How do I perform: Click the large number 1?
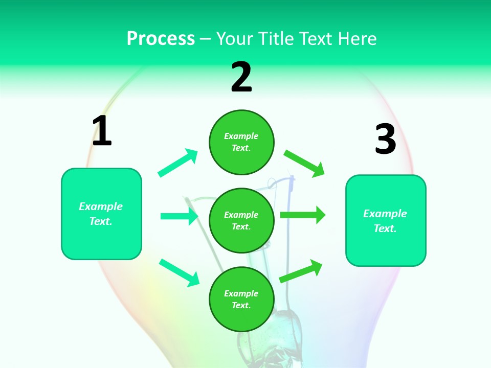pos(102,131)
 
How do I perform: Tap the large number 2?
pos(241,77)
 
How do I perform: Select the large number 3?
pos(385,139)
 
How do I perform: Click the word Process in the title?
pos(161,38)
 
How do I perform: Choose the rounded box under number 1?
pos(101,214)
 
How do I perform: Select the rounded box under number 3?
pos(386,220)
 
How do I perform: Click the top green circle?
pos(241,142)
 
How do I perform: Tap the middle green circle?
pos(241,220)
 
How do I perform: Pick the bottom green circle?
pos(241,299)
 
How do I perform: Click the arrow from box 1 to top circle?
pos(178,163)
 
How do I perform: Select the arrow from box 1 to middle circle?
pos(179,216)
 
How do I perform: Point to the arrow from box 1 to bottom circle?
pos(179,272)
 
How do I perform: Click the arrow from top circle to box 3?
pos(304,163)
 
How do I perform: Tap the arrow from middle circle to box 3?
pos(303,215)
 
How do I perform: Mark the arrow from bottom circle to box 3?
pos(301,271)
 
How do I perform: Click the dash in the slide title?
pos(206,39)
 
